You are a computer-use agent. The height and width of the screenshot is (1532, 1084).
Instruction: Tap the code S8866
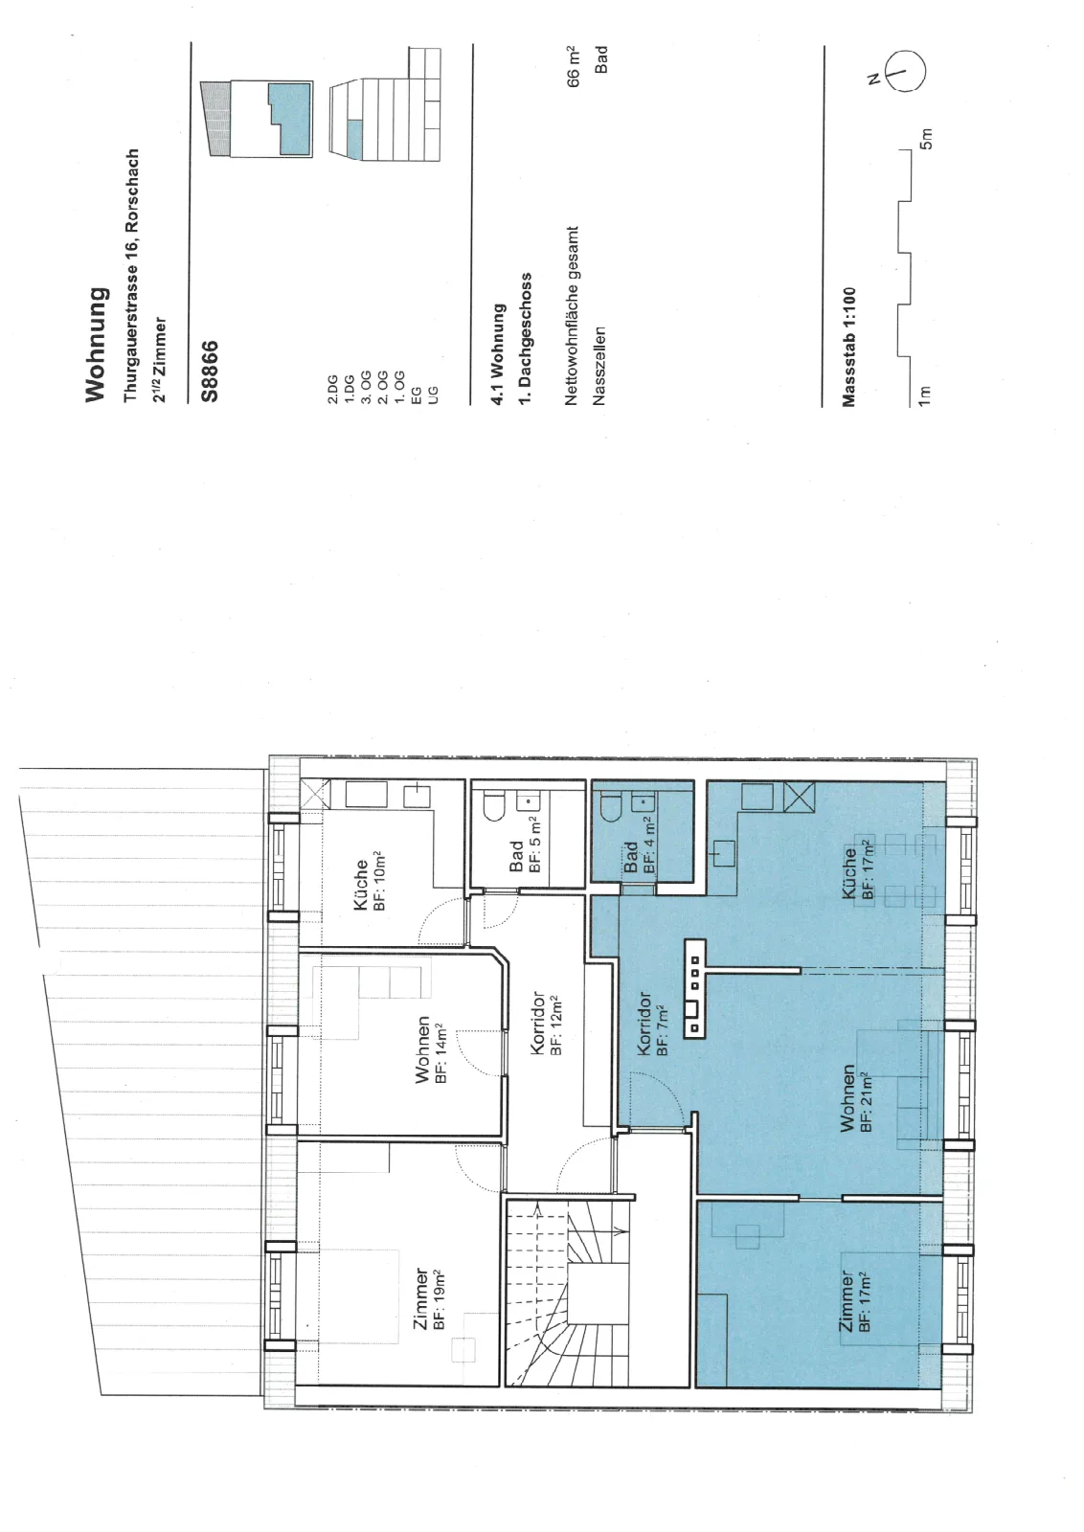(210, 372)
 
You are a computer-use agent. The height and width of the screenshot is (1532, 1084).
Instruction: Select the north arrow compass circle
(907, 71)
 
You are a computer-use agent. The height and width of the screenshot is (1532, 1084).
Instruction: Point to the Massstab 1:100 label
(848, 348)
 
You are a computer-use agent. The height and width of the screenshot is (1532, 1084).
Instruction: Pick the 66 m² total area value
(573, 67)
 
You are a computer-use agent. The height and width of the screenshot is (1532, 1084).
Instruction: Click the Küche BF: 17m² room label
(858, 871)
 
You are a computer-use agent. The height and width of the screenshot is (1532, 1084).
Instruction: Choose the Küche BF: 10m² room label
(370, 882)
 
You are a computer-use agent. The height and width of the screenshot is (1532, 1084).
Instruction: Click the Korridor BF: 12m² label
(547, 1024)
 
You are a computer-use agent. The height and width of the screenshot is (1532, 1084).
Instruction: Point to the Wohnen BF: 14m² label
(432, 1053)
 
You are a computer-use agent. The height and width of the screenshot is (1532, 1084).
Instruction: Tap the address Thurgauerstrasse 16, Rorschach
(131, 276)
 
